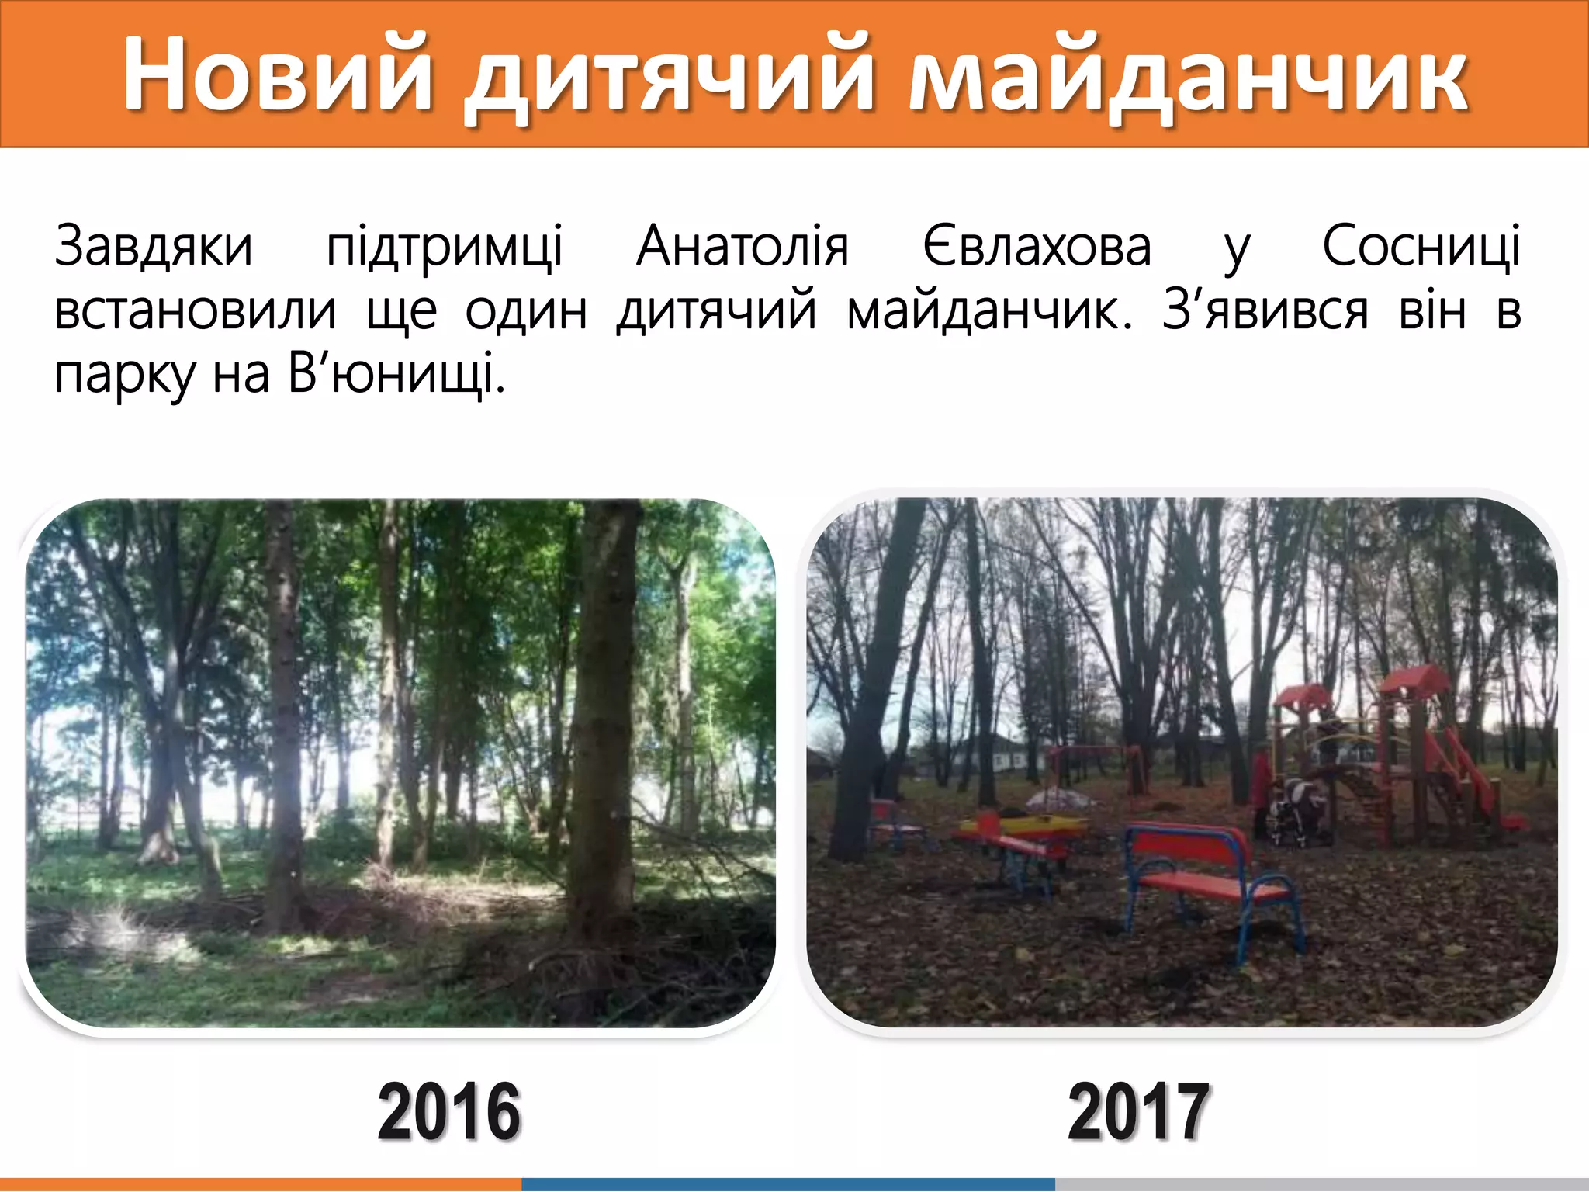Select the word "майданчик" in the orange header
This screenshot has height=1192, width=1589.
coord(1187,78)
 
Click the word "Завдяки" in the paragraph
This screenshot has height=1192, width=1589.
coord(154,247)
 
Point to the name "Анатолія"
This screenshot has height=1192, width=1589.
coord(743,247)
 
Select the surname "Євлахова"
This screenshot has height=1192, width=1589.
coord(1037,247)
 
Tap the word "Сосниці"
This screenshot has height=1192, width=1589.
coord(1421,247)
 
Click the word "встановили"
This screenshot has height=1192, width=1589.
coord(196,311)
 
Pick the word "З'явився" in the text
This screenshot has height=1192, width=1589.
coord(1265,311)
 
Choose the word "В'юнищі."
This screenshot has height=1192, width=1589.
coord(396,375)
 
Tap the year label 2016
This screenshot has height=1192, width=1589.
coord(448,1112)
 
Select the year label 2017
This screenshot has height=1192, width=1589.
coord(1138,1112)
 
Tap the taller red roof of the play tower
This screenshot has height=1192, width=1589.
coord(1414,680)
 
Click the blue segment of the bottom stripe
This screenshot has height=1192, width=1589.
coord(788,1184)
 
